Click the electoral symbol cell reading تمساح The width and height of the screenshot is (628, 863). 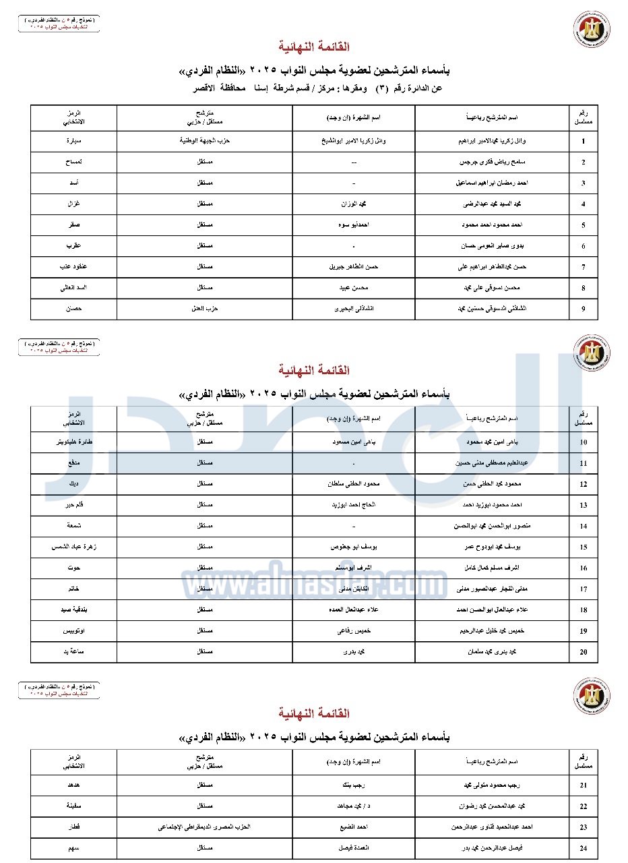tap(73, 162)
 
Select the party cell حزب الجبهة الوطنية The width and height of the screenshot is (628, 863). tap(204, 142)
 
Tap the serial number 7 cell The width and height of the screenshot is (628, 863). tap(583, 267)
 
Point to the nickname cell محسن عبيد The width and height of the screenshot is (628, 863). tap(353, 288)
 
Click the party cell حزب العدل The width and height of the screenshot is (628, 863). tap(204, 309)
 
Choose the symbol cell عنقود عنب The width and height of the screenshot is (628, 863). tap(73, 267)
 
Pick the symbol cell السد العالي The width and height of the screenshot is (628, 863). tap(73, 288)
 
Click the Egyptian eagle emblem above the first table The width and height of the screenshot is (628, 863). tap(591, 29)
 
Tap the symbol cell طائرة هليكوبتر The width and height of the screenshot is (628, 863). tap(73, 442)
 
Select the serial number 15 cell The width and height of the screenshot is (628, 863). tap(583, 547)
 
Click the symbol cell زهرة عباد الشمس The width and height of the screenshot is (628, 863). tap(73, 547)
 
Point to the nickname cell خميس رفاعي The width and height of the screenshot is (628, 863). tap(353, 631)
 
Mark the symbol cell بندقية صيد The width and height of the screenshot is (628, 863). tap(73, 610)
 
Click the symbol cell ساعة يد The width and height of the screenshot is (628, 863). tap(73, 652)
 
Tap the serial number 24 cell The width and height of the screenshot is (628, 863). tap(583, 848)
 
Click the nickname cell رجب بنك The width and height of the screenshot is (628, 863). tap(353, 785)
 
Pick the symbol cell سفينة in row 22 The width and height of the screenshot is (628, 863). tap(73, 806)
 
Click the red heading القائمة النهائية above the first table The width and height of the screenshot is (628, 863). tap(314, 47)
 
